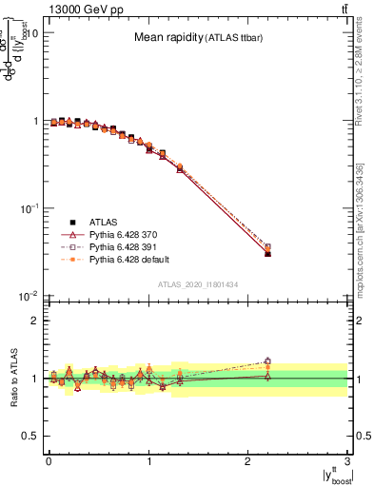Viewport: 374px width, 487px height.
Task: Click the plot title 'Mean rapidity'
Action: click(x=171, y=38)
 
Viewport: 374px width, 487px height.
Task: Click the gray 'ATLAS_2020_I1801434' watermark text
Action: click(x=197, y=284)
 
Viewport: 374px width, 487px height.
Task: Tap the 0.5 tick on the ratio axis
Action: click(x=30, y=436)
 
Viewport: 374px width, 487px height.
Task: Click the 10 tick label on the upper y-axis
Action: click(x=31, y=33)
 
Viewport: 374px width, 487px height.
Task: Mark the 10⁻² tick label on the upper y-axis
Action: click(x=28, y=297)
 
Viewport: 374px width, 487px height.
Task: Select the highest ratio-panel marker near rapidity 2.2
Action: click(x=267, y=360)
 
